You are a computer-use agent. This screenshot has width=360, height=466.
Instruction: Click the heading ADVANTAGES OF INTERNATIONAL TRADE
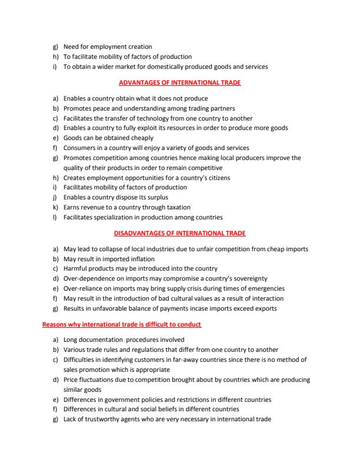[x=179, y=83]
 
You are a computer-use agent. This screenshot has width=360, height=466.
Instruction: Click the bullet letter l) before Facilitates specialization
[x=55, y=217]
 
